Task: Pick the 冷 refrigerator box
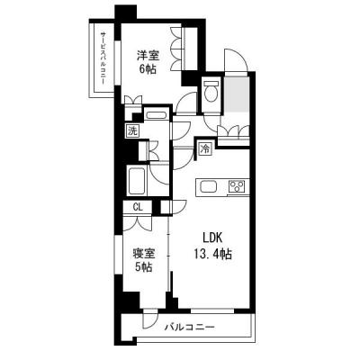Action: [205, 148]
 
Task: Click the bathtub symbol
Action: [139, 183]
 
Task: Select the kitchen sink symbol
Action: [208, 186]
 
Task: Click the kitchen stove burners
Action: [237, 186]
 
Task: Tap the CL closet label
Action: [137, 207]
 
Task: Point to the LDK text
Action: [211, 238]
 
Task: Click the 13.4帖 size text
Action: [211, 255]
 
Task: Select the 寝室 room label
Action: [143, 253]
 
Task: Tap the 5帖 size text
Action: [143, 268]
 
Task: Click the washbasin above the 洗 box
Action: [156, 115]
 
